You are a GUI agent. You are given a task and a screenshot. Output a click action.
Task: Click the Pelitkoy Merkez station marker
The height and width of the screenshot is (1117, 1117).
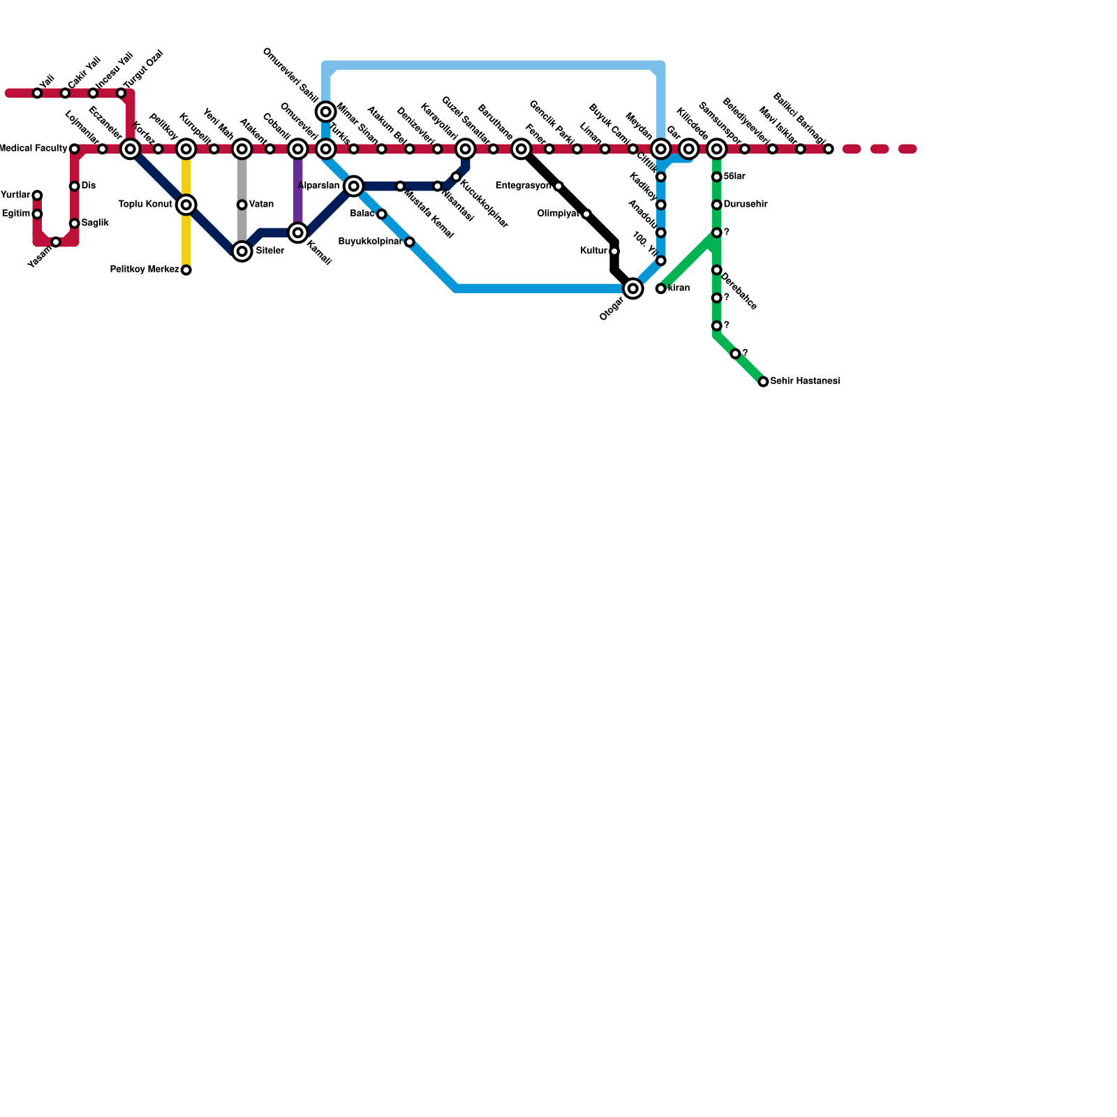[x=186, y=270]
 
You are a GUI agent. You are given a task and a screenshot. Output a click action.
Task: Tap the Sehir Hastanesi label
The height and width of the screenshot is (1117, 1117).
[x=804, y=382]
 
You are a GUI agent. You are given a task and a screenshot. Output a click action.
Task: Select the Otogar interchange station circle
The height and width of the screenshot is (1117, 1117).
[x=633, y=288]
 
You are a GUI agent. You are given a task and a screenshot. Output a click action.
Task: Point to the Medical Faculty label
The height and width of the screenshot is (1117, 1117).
[x=33, y=149]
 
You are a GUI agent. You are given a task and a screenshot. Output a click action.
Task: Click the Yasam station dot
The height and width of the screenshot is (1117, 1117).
[x=56, y=242]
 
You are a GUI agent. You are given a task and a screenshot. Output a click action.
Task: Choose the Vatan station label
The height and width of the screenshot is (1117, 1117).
[x=261, y=205]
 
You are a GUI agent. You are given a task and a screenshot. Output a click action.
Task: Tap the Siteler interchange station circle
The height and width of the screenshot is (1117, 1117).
[x=242, y=251]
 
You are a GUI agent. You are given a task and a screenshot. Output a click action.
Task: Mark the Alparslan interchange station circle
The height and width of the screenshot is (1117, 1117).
[x=354, y=186]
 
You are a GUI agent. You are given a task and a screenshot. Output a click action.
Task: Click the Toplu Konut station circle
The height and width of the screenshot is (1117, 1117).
[x=186, y=205]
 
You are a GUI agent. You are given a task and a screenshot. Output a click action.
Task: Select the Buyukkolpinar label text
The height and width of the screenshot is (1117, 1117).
[x=369, y=242]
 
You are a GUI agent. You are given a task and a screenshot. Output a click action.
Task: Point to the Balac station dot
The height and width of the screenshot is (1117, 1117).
[x=381, y=214]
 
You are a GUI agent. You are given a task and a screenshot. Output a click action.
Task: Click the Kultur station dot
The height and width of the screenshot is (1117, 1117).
[x=614, y=251]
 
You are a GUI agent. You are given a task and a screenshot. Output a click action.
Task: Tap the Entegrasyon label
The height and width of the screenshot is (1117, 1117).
[x=523, y=186]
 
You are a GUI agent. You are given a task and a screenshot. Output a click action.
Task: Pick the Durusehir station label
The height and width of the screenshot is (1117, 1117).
[x=746, y=205]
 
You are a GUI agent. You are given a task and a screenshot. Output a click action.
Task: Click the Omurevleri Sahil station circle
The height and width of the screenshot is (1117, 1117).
[x=326, y=112]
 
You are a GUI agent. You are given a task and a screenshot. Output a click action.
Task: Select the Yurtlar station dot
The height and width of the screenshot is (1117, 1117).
[x=37, y=195]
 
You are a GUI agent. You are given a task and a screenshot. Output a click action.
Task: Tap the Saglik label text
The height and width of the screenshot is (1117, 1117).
[x=95, y=223]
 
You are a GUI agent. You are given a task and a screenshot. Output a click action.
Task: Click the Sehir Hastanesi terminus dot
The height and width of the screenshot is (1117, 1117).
[x=763, y=382]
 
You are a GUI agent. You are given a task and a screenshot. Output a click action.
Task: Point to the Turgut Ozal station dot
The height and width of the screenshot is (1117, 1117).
[x=121, y=93]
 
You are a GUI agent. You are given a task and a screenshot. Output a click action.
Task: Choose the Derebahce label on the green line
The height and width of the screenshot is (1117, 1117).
[x=739, y=291]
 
